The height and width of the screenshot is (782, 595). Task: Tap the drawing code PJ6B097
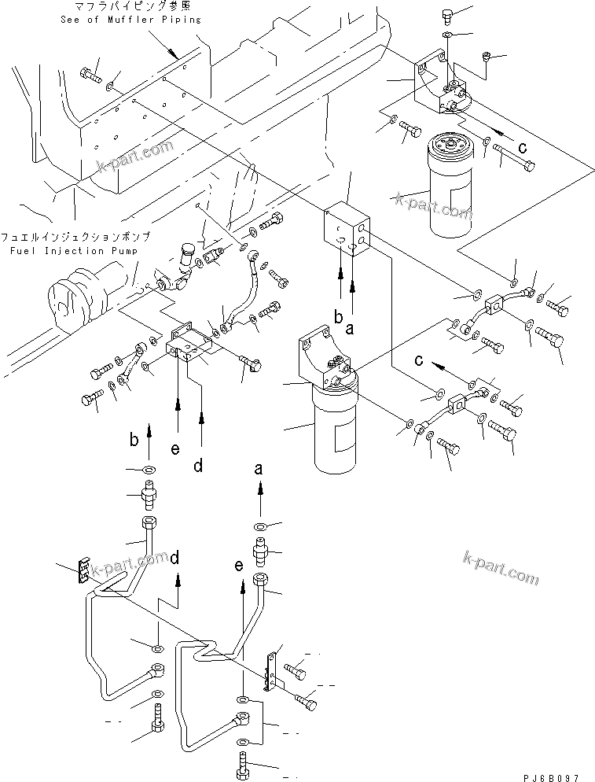[x=555, y=773]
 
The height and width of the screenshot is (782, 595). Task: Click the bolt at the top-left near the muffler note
[x=90, y=75]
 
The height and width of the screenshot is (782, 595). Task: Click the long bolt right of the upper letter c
[x=515, y=161]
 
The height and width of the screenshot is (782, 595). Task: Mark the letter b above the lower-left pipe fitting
[x=135, y=438]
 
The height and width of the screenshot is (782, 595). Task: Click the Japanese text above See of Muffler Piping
[x=130, y=7]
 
